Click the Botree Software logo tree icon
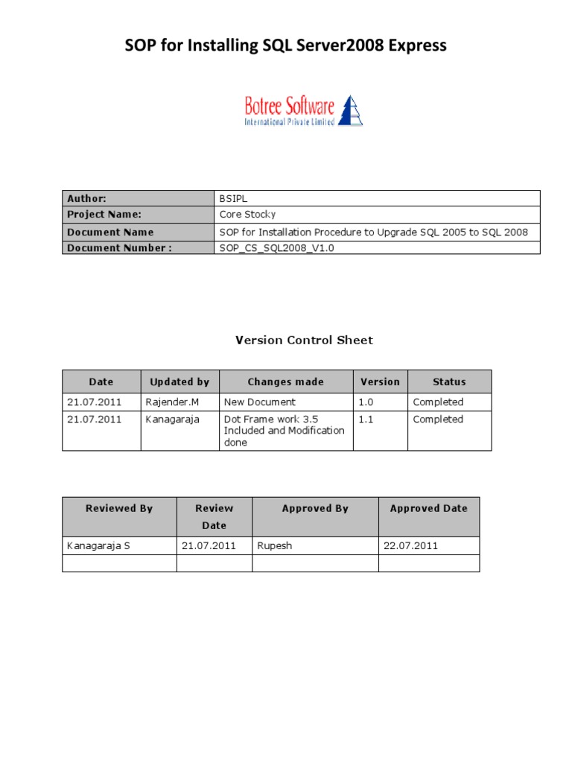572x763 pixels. [351, 110]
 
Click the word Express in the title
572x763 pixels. [415, 46]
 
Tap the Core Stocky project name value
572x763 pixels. [247, 215]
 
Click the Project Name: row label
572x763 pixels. [104, 215]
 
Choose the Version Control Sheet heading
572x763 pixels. [304, 341]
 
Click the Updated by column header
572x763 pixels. [179, 382]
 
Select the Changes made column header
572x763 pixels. [286, 382]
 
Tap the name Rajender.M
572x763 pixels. [173, 402]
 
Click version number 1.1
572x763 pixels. [366, 420]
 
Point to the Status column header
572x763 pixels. [449, 382]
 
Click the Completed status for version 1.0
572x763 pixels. [438, 402]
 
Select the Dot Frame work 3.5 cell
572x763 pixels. [285, 431]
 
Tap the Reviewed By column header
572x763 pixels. [119, 509]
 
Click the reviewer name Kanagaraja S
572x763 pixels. [98, 546]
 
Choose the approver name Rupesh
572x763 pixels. [275, 546]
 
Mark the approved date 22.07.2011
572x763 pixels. [411, 546]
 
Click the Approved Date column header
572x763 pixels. [429, 509]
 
